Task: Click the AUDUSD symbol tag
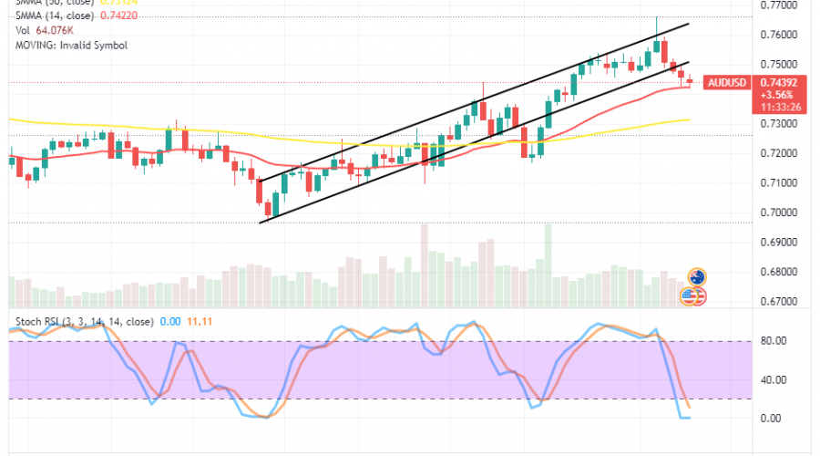point(728,82)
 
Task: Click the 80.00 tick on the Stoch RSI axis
point(774,340)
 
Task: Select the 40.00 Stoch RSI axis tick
point(774,379)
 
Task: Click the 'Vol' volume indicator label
point(21,30)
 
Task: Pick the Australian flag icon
point(697,276)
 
